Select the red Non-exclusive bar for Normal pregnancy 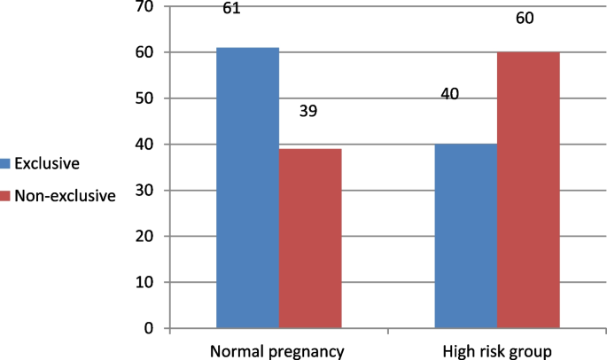pos(310,239)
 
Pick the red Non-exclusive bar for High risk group pos(528,190)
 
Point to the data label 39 pos(307,112)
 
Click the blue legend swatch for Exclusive pos(5,163)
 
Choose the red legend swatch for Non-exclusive pos(5,196)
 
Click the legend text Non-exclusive pos(65,196)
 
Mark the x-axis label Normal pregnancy pos(276,352)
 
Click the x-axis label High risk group pos(497,352)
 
